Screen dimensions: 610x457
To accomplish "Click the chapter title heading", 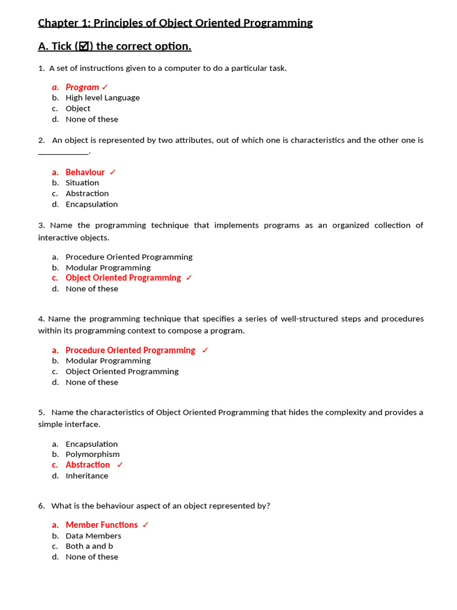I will (175, 23).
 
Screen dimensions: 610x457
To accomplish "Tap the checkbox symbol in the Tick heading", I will (84, 46).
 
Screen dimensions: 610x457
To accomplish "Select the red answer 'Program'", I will (82, 87).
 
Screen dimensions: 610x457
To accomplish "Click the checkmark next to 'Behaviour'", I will (113, 172).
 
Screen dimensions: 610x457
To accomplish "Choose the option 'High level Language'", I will (102, 98).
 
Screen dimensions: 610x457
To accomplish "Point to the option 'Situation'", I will (82, 183).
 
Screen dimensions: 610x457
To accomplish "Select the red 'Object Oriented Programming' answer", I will (123, 278).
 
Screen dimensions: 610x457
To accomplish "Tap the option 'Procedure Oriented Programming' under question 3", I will (129, 257).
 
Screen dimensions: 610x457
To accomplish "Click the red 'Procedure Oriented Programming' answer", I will (130, 350).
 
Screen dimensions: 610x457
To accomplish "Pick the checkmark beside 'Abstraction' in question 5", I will (120, 465).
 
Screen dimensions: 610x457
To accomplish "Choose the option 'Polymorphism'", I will (92, 454).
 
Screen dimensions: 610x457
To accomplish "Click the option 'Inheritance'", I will (87, 476).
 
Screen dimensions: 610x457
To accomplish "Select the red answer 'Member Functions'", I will (101, 525).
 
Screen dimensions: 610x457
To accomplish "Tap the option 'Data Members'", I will (93, 536).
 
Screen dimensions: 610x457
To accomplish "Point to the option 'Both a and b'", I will (89, 546).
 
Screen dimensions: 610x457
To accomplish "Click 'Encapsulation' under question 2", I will (92, 204).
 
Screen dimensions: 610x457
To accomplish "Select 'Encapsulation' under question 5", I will (92, 444).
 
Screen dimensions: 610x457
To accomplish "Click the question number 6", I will (41, 506).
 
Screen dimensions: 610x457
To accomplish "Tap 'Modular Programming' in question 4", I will (108, 361).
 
